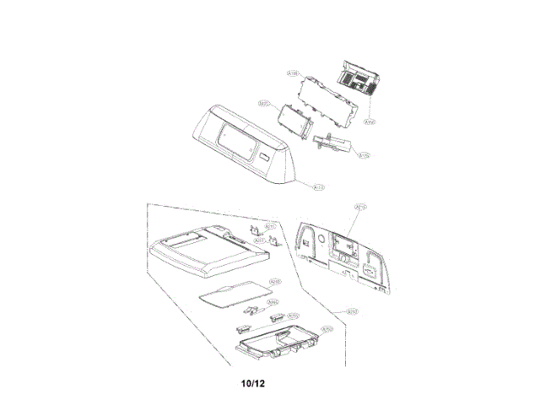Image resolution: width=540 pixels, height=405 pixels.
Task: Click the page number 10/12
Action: [253, 382]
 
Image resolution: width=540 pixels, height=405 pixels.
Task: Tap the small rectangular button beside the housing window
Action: [265, 158]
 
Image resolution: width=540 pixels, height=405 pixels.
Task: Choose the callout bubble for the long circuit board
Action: [293, 75]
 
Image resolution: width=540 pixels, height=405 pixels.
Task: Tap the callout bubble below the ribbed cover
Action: [369, 121]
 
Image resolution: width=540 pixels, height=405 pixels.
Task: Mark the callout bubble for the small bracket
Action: [364, 155]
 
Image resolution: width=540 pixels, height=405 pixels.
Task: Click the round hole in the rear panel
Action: [321, 242]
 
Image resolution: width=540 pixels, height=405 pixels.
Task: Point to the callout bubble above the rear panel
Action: [360, 206]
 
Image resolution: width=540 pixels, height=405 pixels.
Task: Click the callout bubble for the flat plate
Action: [274, 281]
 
